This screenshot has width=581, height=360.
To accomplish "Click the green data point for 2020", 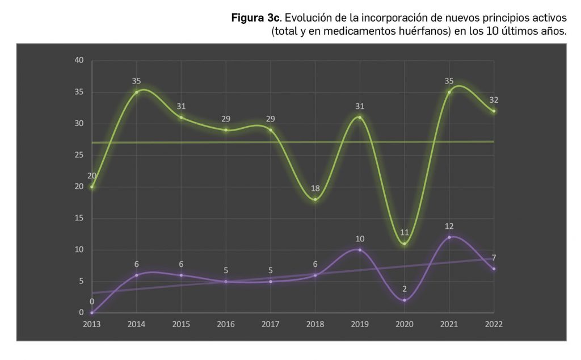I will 405,244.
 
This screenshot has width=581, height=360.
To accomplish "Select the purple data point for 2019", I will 360,250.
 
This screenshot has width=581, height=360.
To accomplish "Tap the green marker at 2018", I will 315,199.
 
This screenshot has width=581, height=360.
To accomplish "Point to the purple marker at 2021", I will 449,237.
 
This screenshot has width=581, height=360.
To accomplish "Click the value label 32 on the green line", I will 494,100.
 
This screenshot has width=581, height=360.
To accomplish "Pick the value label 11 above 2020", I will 405,232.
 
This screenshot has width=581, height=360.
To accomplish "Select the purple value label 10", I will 360,238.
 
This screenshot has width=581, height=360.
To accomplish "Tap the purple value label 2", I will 405,289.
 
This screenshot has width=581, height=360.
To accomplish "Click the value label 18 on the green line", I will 315,188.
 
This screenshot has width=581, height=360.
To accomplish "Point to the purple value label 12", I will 449,226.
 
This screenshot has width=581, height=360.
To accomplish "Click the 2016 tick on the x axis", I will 226,324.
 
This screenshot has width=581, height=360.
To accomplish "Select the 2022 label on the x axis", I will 494,324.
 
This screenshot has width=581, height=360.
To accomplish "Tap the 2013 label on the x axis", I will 91,324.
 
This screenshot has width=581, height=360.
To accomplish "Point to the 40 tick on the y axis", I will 79,61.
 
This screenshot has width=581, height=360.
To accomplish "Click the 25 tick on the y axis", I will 79,155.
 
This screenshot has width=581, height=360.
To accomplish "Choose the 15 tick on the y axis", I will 79,218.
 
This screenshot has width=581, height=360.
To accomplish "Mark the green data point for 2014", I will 136,92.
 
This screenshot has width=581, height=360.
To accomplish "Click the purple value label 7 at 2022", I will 494,258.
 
